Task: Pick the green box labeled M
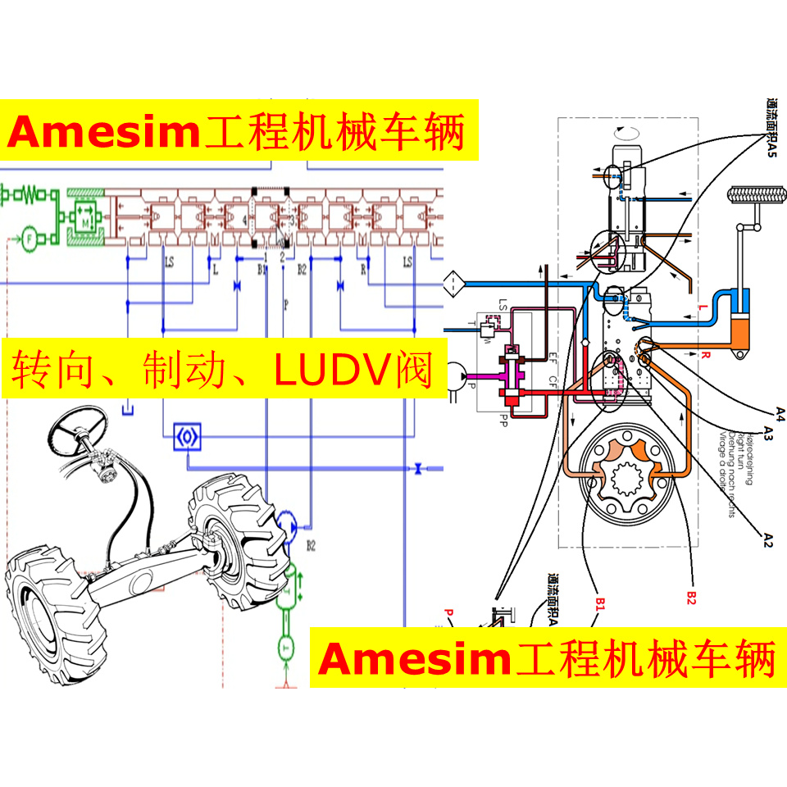pos(85,220)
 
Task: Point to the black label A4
pos(780,412)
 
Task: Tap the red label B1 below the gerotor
pos(600,603)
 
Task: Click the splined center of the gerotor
pos(629,478)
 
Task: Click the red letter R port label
pos(706,355)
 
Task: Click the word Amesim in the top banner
pos(103,131)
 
